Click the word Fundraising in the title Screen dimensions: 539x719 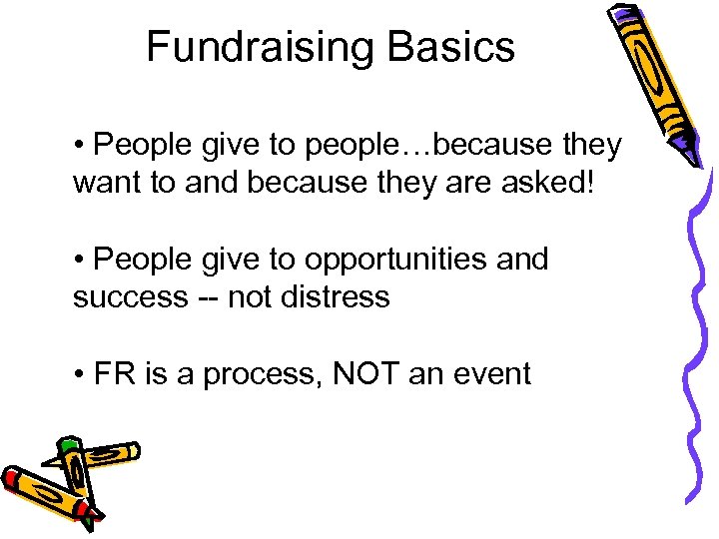(258, 47)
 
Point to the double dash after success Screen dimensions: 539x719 (209, 297)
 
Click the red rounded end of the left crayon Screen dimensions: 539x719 (11, 478)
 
